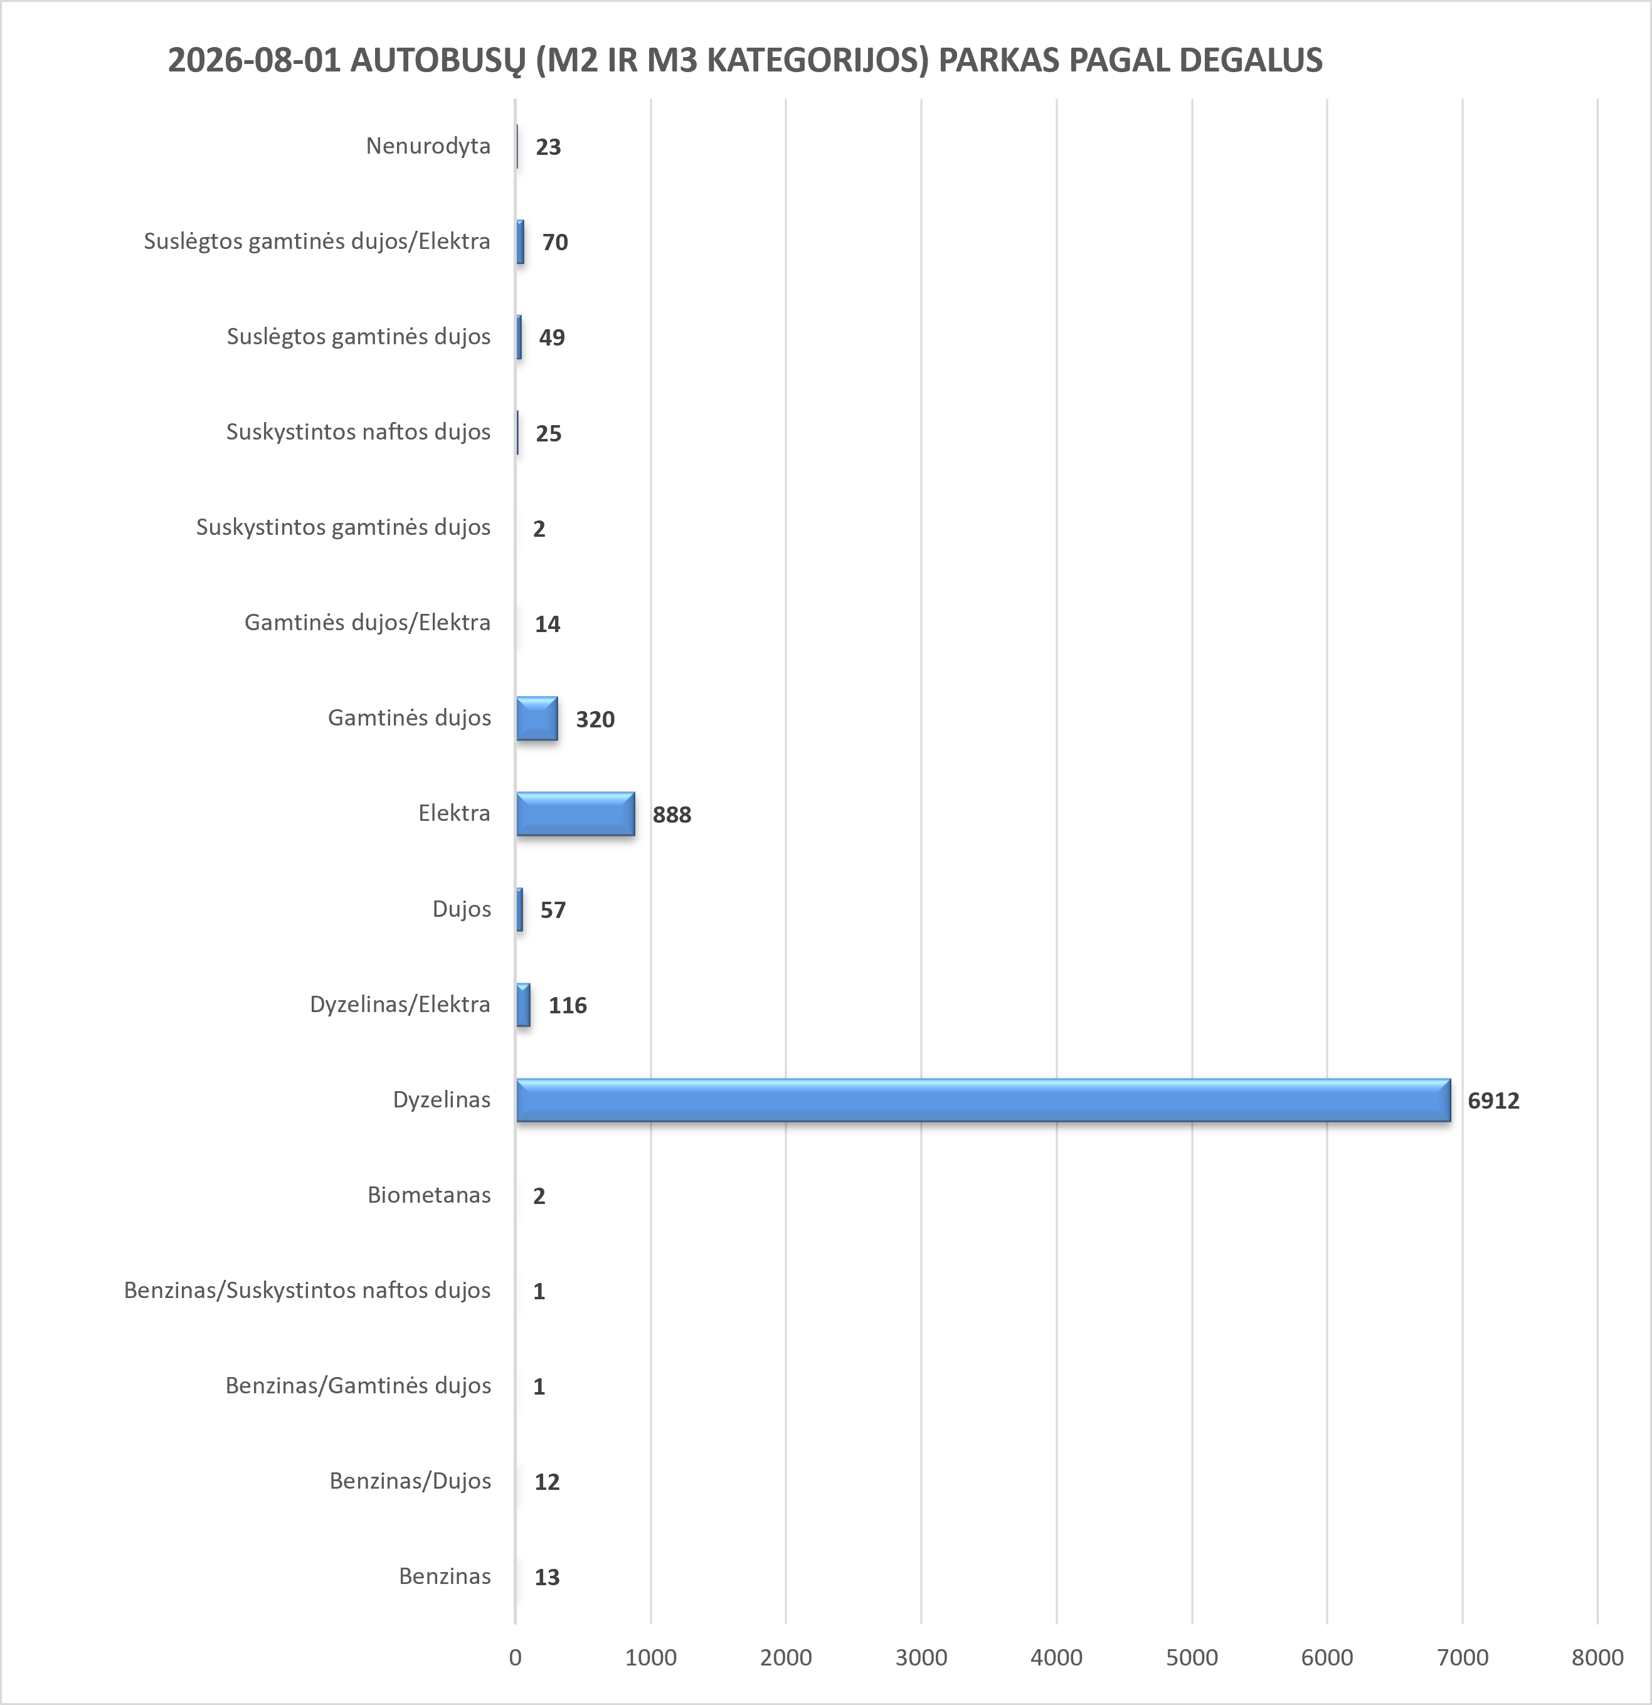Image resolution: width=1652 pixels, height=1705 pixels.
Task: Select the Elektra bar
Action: (575, 814)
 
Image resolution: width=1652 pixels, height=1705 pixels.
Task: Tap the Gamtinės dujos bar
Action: (537, 719)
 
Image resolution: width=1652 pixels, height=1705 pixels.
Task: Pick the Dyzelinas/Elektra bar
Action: (523, 1005)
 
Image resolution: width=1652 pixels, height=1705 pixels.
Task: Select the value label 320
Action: (595, 719)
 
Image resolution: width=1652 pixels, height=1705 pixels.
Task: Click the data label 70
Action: (555, 242)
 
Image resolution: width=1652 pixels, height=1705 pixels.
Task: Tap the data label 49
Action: (551, 337)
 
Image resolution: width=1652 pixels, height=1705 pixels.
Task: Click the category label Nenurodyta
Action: (428, 145)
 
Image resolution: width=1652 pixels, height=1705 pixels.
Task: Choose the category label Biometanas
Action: (429, 1195)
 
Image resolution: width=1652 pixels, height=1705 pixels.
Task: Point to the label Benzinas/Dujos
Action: (410, 1481)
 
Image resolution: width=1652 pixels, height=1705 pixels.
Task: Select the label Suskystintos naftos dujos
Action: (358, 431)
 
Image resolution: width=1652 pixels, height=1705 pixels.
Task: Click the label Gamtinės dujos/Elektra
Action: (367, 623)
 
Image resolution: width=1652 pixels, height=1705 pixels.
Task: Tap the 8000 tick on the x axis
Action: (1597, 1658)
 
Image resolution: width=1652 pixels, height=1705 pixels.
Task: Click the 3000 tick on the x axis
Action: (921, 1658)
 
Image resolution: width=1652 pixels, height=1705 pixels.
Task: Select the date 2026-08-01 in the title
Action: (254, 60)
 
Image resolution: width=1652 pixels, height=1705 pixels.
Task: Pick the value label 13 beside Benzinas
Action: (546, 1577)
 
